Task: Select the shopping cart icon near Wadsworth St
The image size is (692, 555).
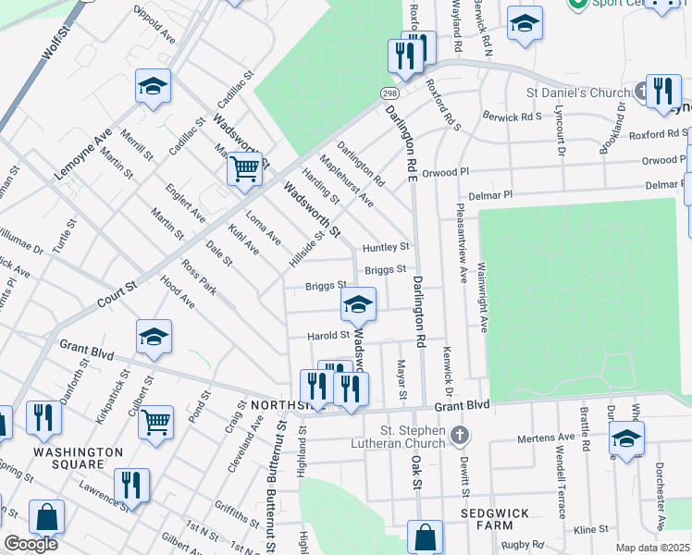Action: click(x=244, y=169)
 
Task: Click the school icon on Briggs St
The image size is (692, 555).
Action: click(x=358, y=303)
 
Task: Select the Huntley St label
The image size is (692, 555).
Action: click(x=386, y=248)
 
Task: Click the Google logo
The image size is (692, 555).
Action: click(x=31, y=544)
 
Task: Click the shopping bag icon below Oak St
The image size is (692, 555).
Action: click(x=425, y=536)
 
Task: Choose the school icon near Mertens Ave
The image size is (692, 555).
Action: click(x=626, y=438)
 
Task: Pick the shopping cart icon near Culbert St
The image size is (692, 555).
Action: click(x=155, y=422)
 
